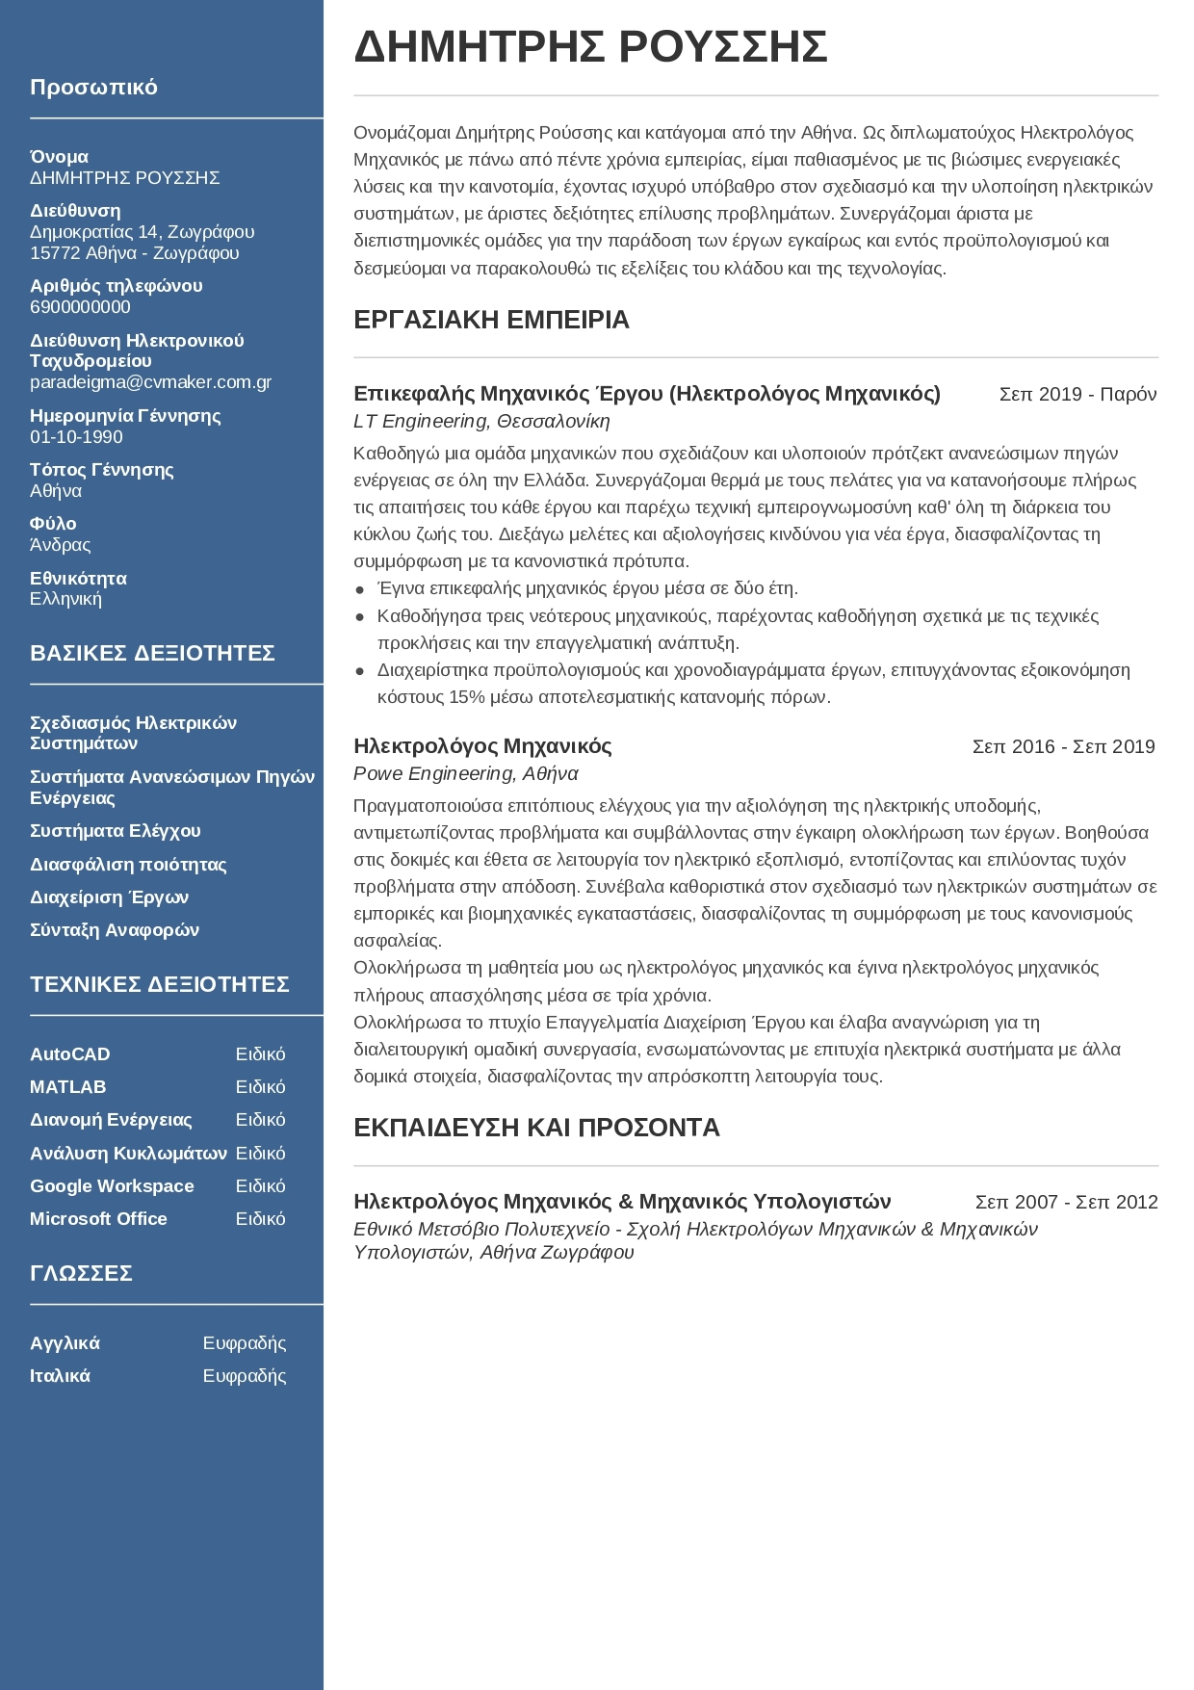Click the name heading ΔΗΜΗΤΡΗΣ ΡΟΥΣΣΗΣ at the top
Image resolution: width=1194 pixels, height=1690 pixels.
(x=590, y=47)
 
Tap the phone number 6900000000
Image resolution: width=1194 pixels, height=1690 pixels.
(x=80, y=307)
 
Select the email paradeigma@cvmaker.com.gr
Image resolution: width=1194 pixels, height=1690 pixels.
(x=150, y=382)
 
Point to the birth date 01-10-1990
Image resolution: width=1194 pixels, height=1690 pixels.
(x=76, y=437)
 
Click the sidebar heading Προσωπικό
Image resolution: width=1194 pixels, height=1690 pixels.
(x=93, y=88)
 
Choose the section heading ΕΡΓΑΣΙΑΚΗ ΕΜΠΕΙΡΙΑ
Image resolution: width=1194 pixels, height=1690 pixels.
(x=491, y=320)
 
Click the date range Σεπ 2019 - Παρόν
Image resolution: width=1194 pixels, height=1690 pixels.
(x=1077, y=394)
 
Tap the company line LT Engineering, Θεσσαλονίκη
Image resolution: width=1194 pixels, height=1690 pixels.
(x=481, y=422)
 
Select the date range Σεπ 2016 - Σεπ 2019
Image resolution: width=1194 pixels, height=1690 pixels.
(x=1063, y=746)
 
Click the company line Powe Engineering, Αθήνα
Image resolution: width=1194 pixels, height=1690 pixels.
(x=465, y=774)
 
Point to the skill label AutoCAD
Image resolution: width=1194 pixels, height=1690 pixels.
(x=69, y=1054)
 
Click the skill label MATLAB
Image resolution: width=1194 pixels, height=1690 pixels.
(x=67, y=1087)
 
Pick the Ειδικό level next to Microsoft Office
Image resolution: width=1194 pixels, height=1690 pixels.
(x=260, y=1219)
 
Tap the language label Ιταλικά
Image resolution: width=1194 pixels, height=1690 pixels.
(x=60, y=1376)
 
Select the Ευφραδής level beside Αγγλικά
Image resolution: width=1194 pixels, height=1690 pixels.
(x=245, y=1343)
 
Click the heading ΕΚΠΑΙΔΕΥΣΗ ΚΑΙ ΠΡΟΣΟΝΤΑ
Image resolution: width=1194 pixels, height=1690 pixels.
(x=536, y=1128)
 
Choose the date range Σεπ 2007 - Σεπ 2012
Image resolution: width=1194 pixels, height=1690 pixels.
(x=1066, y=1202)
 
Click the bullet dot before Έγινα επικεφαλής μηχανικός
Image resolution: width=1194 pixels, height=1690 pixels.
(x=360, y=589)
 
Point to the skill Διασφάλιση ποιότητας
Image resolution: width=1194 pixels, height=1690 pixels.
(x=128, y=865)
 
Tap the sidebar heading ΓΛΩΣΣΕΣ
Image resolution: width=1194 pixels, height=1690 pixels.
(x=81, y=1274)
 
